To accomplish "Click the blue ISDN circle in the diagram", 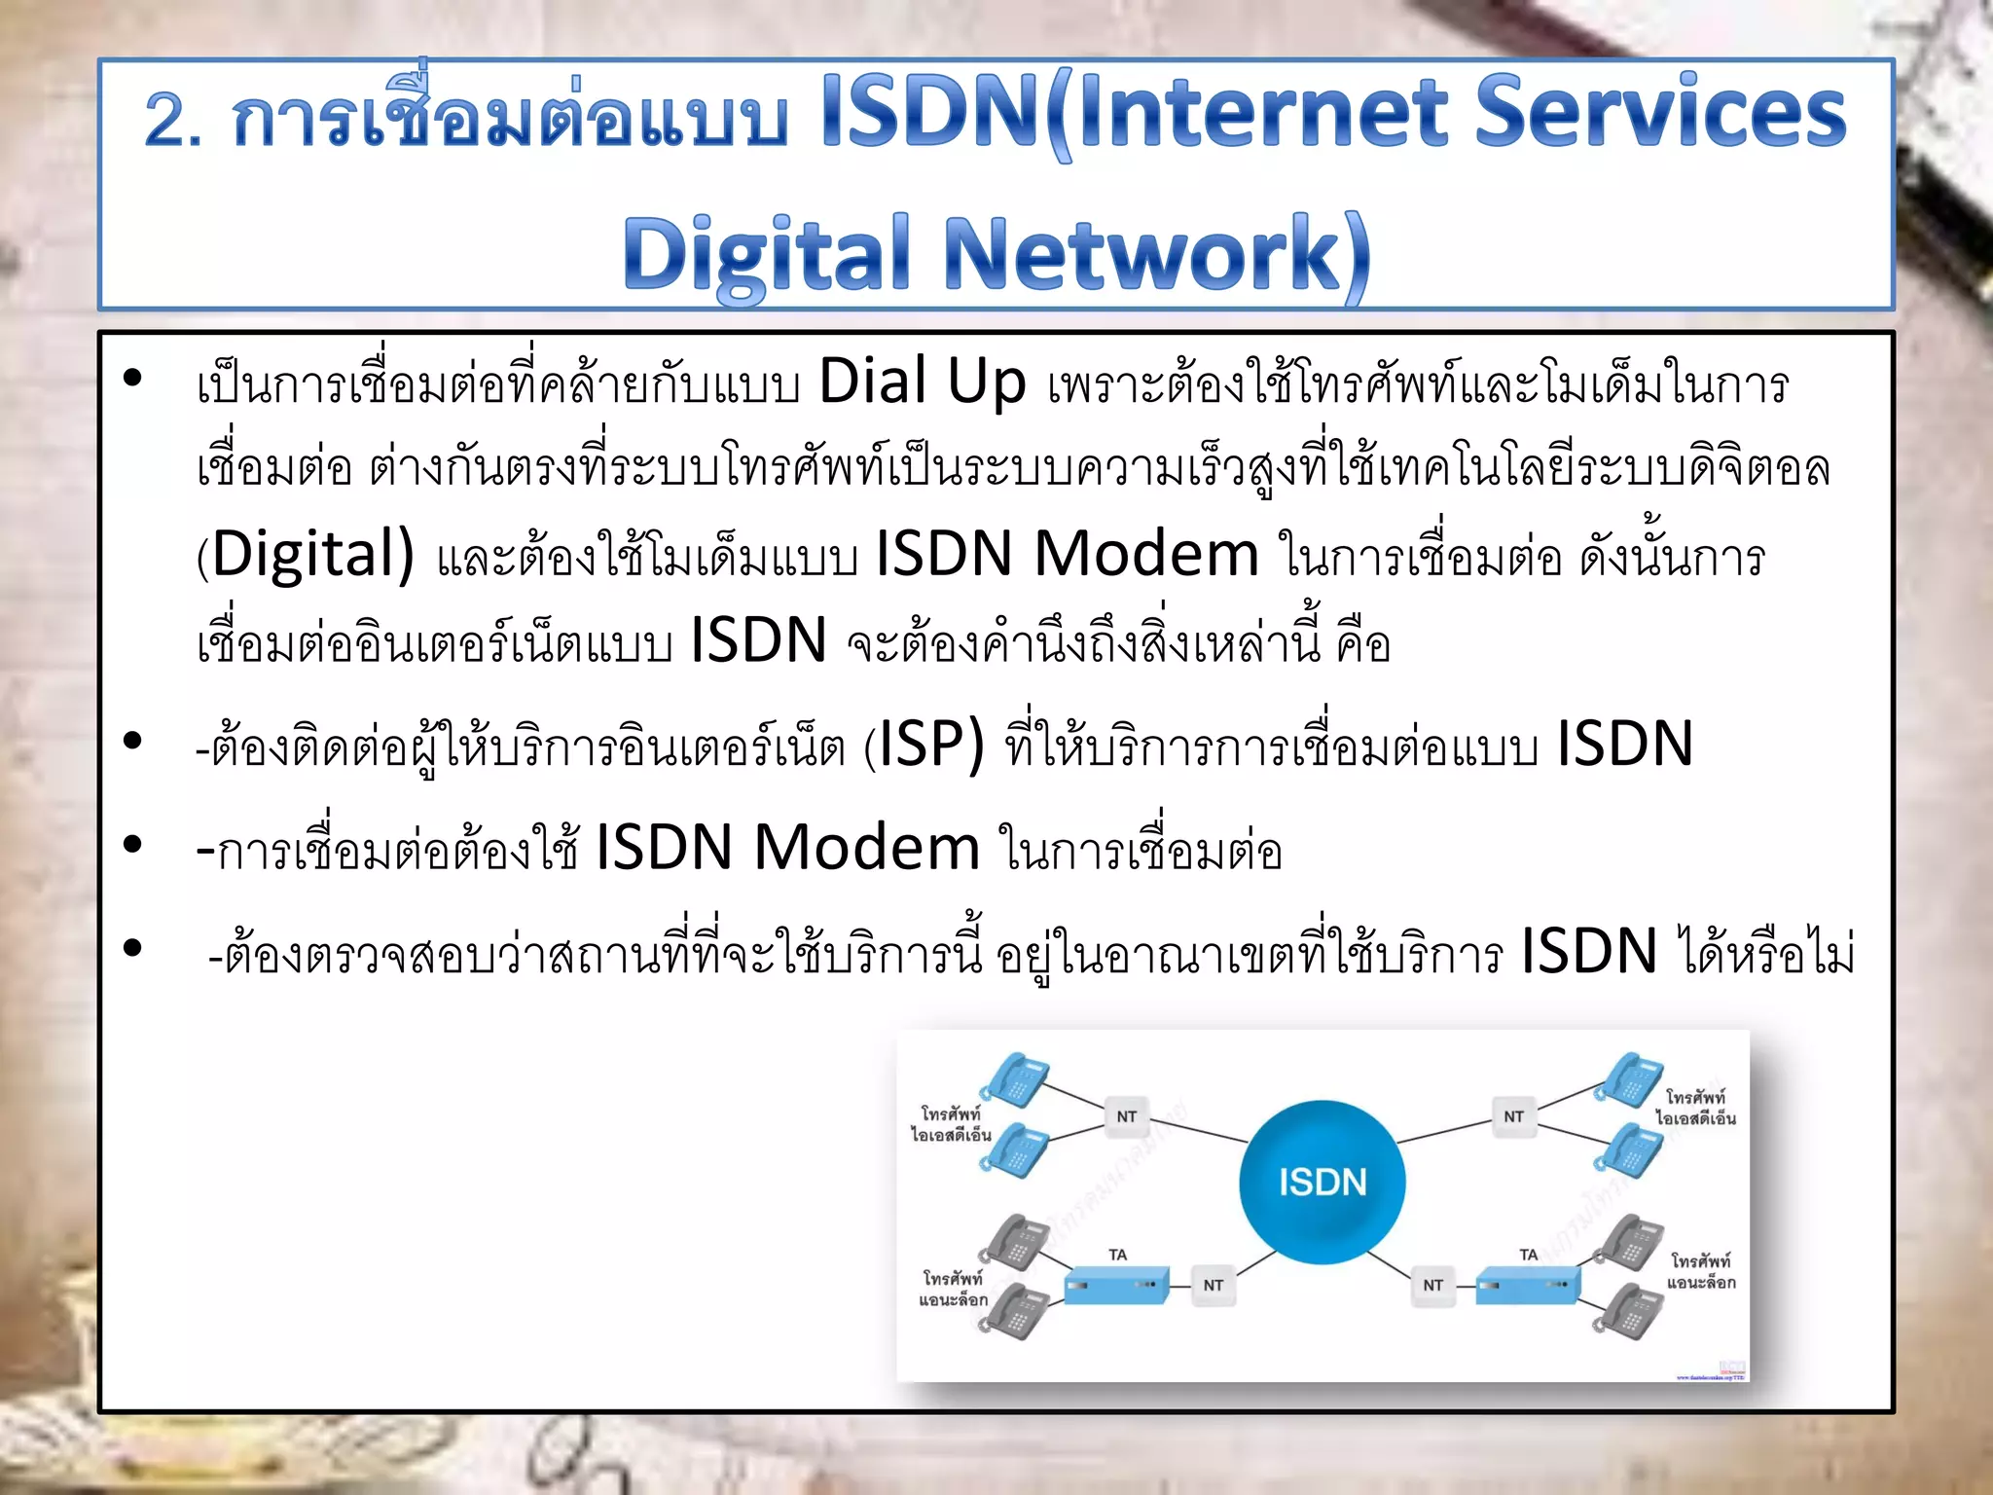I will pos(1322,1182).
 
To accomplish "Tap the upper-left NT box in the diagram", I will pos(1126,1116).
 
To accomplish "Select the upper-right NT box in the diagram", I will pos(1513,1116).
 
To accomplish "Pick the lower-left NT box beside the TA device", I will pos(1213,1285).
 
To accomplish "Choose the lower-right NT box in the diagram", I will pos(1432,1285).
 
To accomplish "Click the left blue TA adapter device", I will pos(1115,1286).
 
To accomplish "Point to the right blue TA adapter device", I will pos(1527,1286).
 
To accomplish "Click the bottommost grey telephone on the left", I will pos(1014,1310).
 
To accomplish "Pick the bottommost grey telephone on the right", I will pos(1630,1310).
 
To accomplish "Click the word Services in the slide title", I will pos(1660,113).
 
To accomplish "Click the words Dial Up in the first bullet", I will pos(922,382).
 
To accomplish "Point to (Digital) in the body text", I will pos(307,555).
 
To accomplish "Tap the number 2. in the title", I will pos(173,121).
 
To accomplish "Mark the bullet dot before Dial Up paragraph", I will pos(133,378).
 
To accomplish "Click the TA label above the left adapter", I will pos(1117,1255).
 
